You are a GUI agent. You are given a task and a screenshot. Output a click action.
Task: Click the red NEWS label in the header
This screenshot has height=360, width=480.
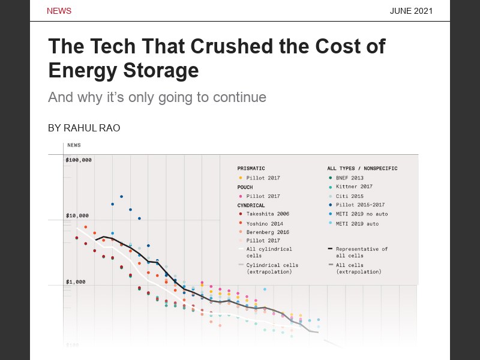(x=59, y=11)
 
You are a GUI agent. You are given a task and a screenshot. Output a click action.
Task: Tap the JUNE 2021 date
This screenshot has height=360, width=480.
(x=411, y=11)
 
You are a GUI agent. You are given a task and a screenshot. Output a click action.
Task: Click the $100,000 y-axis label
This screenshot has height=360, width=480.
(x=79, y=160)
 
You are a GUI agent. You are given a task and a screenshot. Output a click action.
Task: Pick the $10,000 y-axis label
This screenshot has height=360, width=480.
(x=77, y=215)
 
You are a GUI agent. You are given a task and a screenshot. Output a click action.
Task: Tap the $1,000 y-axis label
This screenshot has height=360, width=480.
(x=76, y=281)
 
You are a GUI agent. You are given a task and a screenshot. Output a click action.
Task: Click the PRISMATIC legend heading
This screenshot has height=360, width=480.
(x=251, y=169)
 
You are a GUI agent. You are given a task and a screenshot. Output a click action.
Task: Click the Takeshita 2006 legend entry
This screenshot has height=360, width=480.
(x=267, y=214)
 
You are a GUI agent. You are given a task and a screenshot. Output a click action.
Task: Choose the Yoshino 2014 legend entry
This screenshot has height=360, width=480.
(x=265, y=223)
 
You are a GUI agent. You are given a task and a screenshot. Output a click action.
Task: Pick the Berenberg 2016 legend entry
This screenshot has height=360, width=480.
(x=268, y=232)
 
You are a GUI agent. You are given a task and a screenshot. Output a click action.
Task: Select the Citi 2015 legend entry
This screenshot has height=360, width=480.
(x=350, y=196)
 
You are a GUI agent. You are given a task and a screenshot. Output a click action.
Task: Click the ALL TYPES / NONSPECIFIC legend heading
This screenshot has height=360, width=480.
(x=362, y=169)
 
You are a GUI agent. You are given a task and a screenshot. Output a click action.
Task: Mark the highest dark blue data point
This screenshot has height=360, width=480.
(x=121, y=196)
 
